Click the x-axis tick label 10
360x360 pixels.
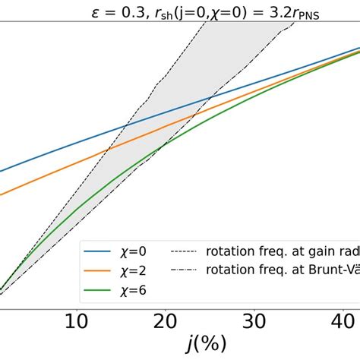(76, 323)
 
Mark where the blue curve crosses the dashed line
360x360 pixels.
(127, 124)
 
